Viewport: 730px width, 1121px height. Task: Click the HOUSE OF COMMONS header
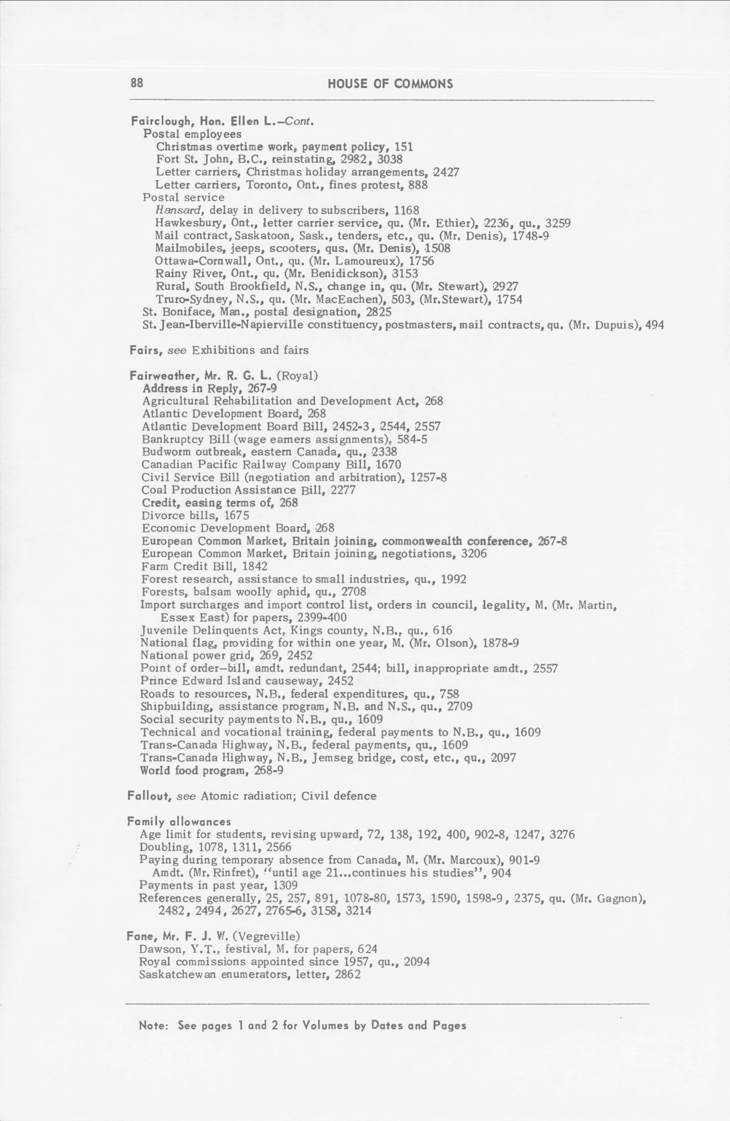click(x=390, y=84)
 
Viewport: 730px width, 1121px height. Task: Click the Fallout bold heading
click(x=149, y=796)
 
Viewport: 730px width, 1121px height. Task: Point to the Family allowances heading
click(x=179, y=822)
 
